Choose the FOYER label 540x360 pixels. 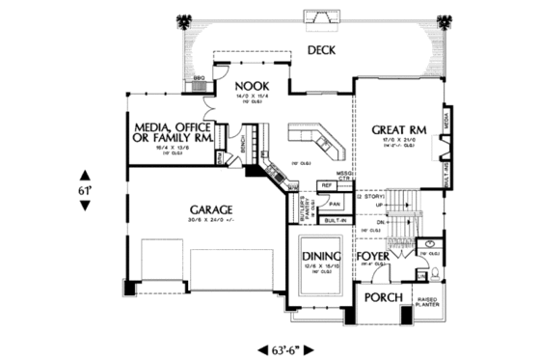click(x=376, y=258)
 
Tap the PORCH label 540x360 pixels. click(x=382, y=297)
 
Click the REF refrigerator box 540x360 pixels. click(x=327, y=184)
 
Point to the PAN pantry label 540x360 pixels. click(x=335, y=205)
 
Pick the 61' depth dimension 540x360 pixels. click(x=84, y=191)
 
